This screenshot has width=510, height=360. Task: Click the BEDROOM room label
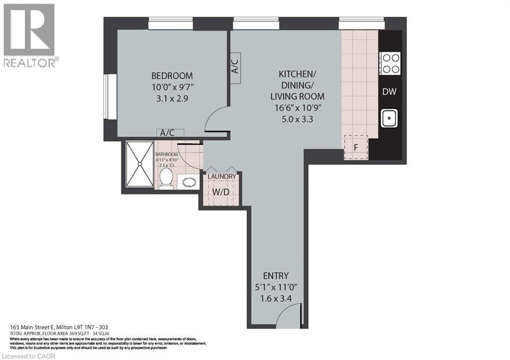172,76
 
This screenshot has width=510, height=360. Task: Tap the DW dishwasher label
389,92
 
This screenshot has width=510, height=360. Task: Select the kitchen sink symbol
389,118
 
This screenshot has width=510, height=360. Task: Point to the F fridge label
356,147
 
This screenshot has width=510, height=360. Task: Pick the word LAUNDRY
222,176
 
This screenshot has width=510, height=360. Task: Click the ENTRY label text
275,276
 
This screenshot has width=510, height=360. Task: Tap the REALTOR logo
30,35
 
